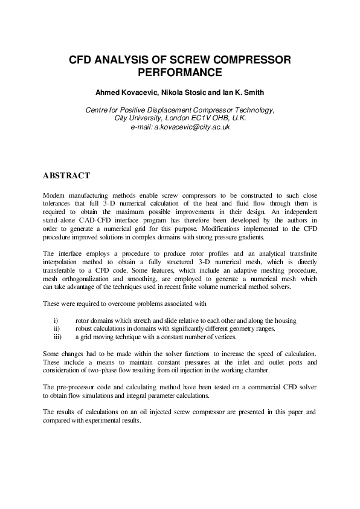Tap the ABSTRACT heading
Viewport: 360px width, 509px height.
click(66, 176)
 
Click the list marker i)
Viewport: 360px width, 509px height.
click(56, 319)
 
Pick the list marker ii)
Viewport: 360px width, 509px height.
click(56, 328)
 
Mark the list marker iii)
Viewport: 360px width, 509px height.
click(57, 336)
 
